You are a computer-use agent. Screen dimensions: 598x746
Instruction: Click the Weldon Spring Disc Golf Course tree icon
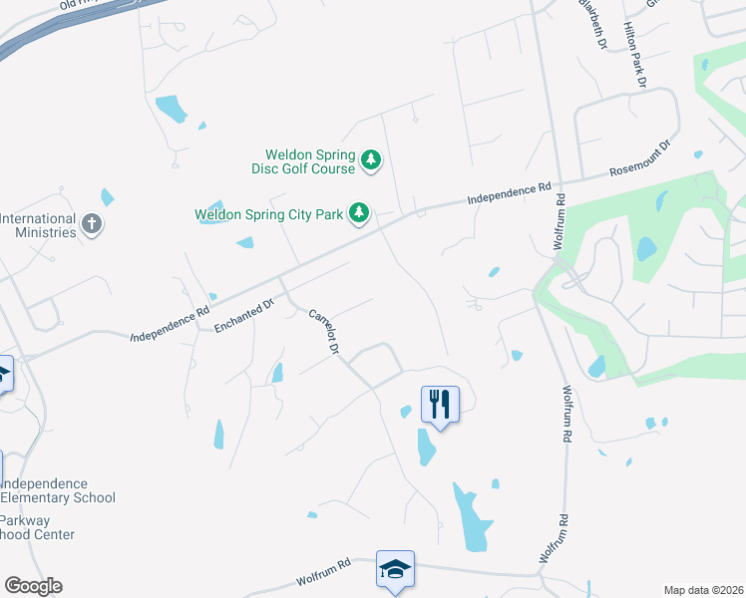coord(371,159)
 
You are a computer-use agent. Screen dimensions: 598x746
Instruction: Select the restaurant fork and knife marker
coord(440,404)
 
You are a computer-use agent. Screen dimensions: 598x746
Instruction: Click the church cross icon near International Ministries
coord(92,223)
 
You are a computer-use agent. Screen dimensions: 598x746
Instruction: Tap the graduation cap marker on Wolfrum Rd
coord(395,569)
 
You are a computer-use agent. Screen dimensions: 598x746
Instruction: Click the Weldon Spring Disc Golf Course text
coord(310,161)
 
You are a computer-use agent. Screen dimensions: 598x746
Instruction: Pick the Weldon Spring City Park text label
coord(268,213)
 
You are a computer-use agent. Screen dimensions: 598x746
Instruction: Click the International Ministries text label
coord(38,225)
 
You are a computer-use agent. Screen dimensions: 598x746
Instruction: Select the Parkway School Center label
coord(37,527)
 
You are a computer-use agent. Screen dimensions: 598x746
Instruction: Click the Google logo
coord(33,586)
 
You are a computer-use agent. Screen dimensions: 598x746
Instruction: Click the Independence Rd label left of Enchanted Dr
coord(170,325)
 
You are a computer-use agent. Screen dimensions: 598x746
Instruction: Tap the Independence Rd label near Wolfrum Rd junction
coord(510,194)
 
